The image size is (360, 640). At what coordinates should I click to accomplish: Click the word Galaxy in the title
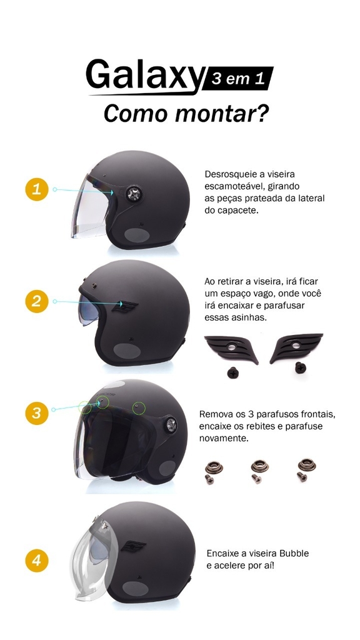coord(144,76)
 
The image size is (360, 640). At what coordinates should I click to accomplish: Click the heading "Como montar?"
coord(186,114)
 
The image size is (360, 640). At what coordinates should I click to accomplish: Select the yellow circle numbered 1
coord(37,189)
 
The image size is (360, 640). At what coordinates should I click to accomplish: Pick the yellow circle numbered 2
coord(37,301)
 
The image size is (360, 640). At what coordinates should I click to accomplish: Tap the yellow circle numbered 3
coord(37,413)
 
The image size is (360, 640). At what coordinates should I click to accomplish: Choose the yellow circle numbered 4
coord(37,560)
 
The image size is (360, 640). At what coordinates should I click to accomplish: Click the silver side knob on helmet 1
coord(134,194)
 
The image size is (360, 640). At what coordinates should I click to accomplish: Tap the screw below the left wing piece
coord(233,372)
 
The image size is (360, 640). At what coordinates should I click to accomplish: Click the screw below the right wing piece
coord(301,367)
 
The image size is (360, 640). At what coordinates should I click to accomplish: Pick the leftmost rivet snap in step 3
coord(214,466)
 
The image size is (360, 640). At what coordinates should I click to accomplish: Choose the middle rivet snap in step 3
coord(259,465)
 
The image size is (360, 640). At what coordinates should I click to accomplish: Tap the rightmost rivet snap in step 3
coord(307,464)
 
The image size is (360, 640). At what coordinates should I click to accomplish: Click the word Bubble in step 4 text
coord(294,554)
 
